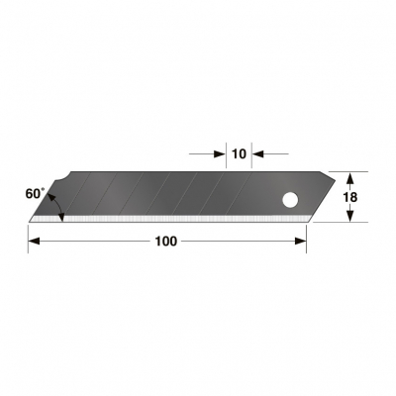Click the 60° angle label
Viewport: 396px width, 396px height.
click(35, 194)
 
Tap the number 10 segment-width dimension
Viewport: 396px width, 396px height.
click(238, 153)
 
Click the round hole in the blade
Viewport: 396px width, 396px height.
click(290, 201)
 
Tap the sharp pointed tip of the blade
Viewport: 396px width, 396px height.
click(30, 220)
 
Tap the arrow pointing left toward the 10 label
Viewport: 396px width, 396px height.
click(259, 153)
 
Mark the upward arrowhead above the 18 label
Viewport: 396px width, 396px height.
click(348, 177)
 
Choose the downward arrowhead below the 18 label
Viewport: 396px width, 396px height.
click(348, 216)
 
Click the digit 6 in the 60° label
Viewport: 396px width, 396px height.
click(29, 195)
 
